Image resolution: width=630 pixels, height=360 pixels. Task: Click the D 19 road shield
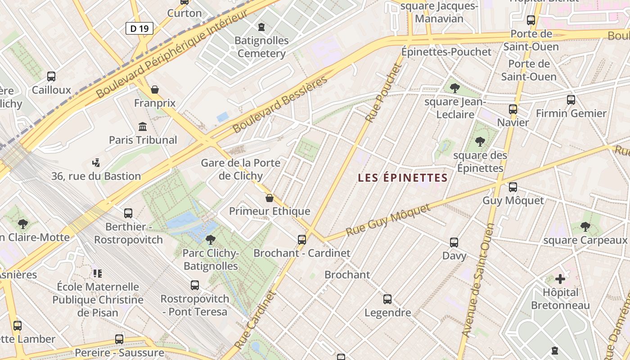[139, 29]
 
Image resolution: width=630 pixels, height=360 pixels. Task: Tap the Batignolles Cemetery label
[261, 47]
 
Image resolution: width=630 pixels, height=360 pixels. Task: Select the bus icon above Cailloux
[51, 76]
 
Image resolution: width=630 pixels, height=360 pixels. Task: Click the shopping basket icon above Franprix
[155, 90]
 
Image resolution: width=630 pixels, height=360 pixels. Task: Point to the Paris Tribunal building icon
[143, 126]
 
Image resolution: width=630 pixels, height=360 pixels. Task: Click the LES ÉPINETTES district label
[403, 178]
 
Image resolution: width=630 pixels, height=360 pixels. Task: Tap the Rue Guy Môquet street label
[388, 219]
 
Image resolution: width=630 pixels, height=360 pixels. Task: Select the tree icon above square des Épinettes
[480, 142]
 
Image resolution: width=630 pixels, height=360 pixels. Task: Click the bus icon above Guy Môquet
[513, 187]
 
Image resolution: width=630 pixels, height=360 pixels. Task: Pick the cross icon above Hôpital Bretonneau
[560, 279]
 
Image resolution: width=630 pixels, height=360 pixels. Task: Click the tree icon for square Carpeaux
[585, 227]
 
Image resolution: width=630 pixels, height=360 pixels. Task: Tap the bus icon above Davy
[454, 243]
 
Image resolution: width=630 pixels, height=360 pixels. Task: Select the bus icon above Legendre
[387, 299]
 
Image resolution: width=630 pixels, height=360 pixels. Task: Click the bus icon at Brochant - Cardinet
[302, 240]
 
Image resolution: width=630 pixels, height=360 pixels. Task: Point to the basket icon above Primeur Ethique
[270, 198]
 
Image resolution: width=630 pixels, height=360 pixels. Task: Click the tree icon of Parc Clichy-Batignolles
[210, 240]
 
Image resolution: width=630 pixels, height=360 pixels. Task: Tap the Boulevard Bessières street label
[280, 104]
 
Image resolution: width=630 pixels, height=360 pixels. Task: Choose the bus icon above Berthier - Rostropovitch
[128, 213]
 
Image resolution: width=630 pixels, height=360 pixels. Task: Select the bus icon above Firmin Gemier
[571, 100]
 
